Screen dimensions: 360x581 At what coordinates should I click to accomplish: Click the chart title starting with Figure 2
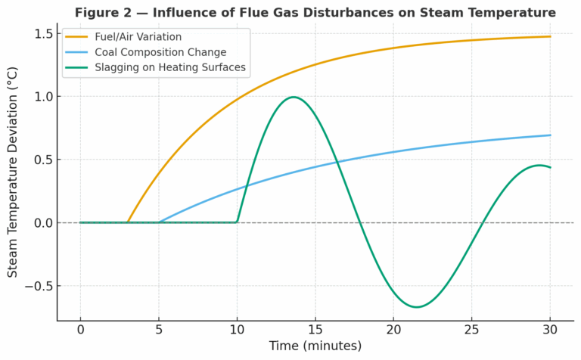(315, 13)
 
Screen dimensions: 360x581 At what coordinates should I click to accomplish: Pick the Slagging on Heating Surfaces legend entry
(170, 67)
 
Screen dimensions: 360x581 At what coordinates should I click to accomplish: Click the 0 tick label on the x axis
(80, 331)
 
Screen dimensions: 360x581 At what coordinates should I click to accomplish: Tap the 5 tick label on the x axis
(159, 331)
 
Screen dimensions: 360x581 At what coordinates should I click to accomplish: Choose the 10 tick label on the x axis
(237, 331)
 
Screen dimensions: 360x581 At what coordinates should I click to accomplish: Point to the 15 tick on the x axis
(315, 331)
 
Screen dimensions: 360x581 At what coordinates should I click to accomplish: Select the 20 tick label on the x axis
(393, 331)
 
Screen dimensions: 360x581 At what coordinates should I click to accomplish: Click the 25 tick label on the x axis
(472, 331)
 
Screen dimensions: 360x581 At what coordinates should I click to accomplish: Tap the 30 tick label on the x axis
(550, 331)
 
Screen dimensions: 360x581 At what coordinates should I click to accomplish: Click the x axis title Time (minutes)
(315, 346)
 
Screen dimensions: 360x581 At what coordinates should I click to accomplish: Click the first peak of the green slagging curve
(293, 97)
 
